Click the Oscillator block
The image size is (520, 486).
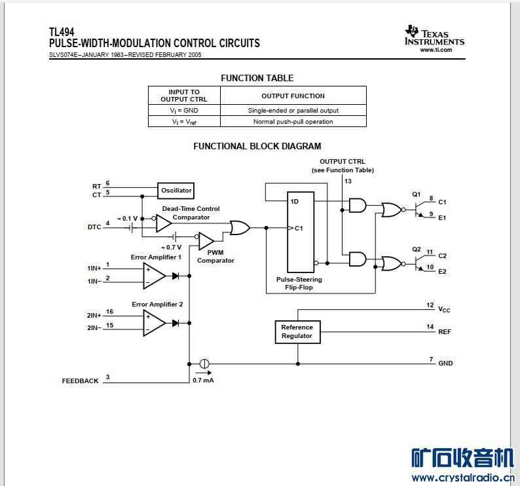[177, 191]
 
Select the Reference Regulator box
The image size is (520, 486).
[297, 331]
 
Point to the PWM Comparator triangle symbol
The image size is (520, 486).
[206, 241]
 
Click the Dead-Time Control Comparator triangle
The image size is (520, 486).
[163, 224]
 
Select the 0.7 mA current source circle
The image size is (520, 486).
[204, 364]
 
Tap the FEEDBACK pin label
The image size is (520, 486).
[80, 381]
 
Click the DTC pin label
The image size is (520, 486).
[94, 227]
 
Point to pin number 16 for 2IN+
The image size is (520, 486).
[109, 312]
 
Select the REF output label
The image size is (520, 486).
[445, 331]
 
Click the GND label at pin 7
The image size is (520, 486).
[445, 363]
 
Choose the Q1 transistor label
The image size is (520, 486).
[416, 195]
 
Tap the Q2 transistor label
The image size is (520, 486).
[416, 250]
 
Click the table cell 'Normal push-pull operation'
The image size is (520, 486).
[293, 121]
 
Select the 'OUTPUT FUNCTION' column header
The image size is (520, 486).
[293, 96]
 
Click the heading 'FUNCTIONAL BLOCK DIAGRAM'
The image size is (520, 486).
[257, 146]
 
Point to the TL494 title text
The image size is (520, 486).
[61, 31]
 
